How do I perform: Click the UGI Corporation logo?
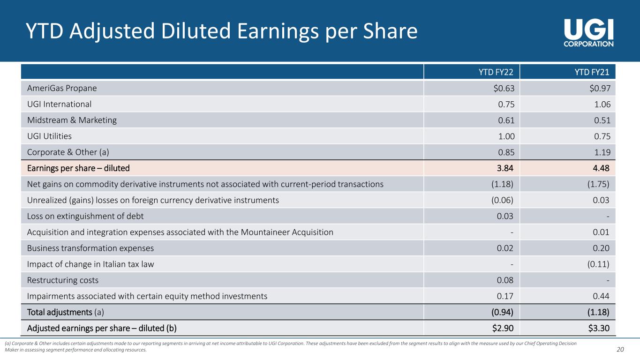pyautogui.click(x=588, y=33)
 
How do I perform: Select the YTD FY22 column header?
pyautogui.click(x=496, y=72)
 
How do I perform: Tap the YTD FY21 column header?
pyautogui.click(x=592, y=72)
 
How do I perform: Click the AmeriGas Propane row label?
pyautogui.click(x=62, y=88)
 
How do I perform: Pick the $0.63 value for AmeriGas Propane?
pyautogui.click(x=504, y=88)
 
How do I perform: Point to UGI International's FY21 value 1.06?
pyautogui.click(x=602, y=104)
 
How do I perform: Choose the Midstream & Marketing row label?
pyautogui.click(x=72, y=120)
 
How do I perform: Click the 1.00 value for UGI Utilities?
pyautogui.click(x=506, y=136)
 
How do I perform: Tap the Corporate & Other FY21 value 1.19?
pyautogui.click(x=602, y=152)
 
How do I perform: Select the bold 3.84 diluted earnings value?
pyautogui.click(x=505, y=168)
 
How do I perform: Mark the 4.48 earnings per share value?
pyautogui.click(x=601, y=168)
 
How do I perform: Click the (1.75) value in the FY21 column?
pyautogui.click(x=598, y=184)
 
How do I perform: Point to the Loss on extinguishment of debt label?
pyautogui.click(x=85, y=216)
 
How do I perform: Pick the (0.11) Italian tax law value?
pyautogui.click(x=598, y=264)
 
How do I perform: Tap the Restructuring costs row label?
pyautogui.click(x=62, y=280)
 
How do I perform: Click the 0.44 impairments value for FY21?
pyautogui.click(x=601, y=296)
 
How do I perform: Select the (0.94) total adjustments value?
pyautogui.click(x=502, y=312)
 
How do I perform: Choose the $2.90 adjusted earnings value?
pyautogui.click(x=503, y=328)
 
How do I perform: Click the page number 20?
pyautogui.click(x=620, y=349)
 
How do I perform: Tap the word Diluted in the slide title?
pyautogui.click(x=196, y=31)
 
